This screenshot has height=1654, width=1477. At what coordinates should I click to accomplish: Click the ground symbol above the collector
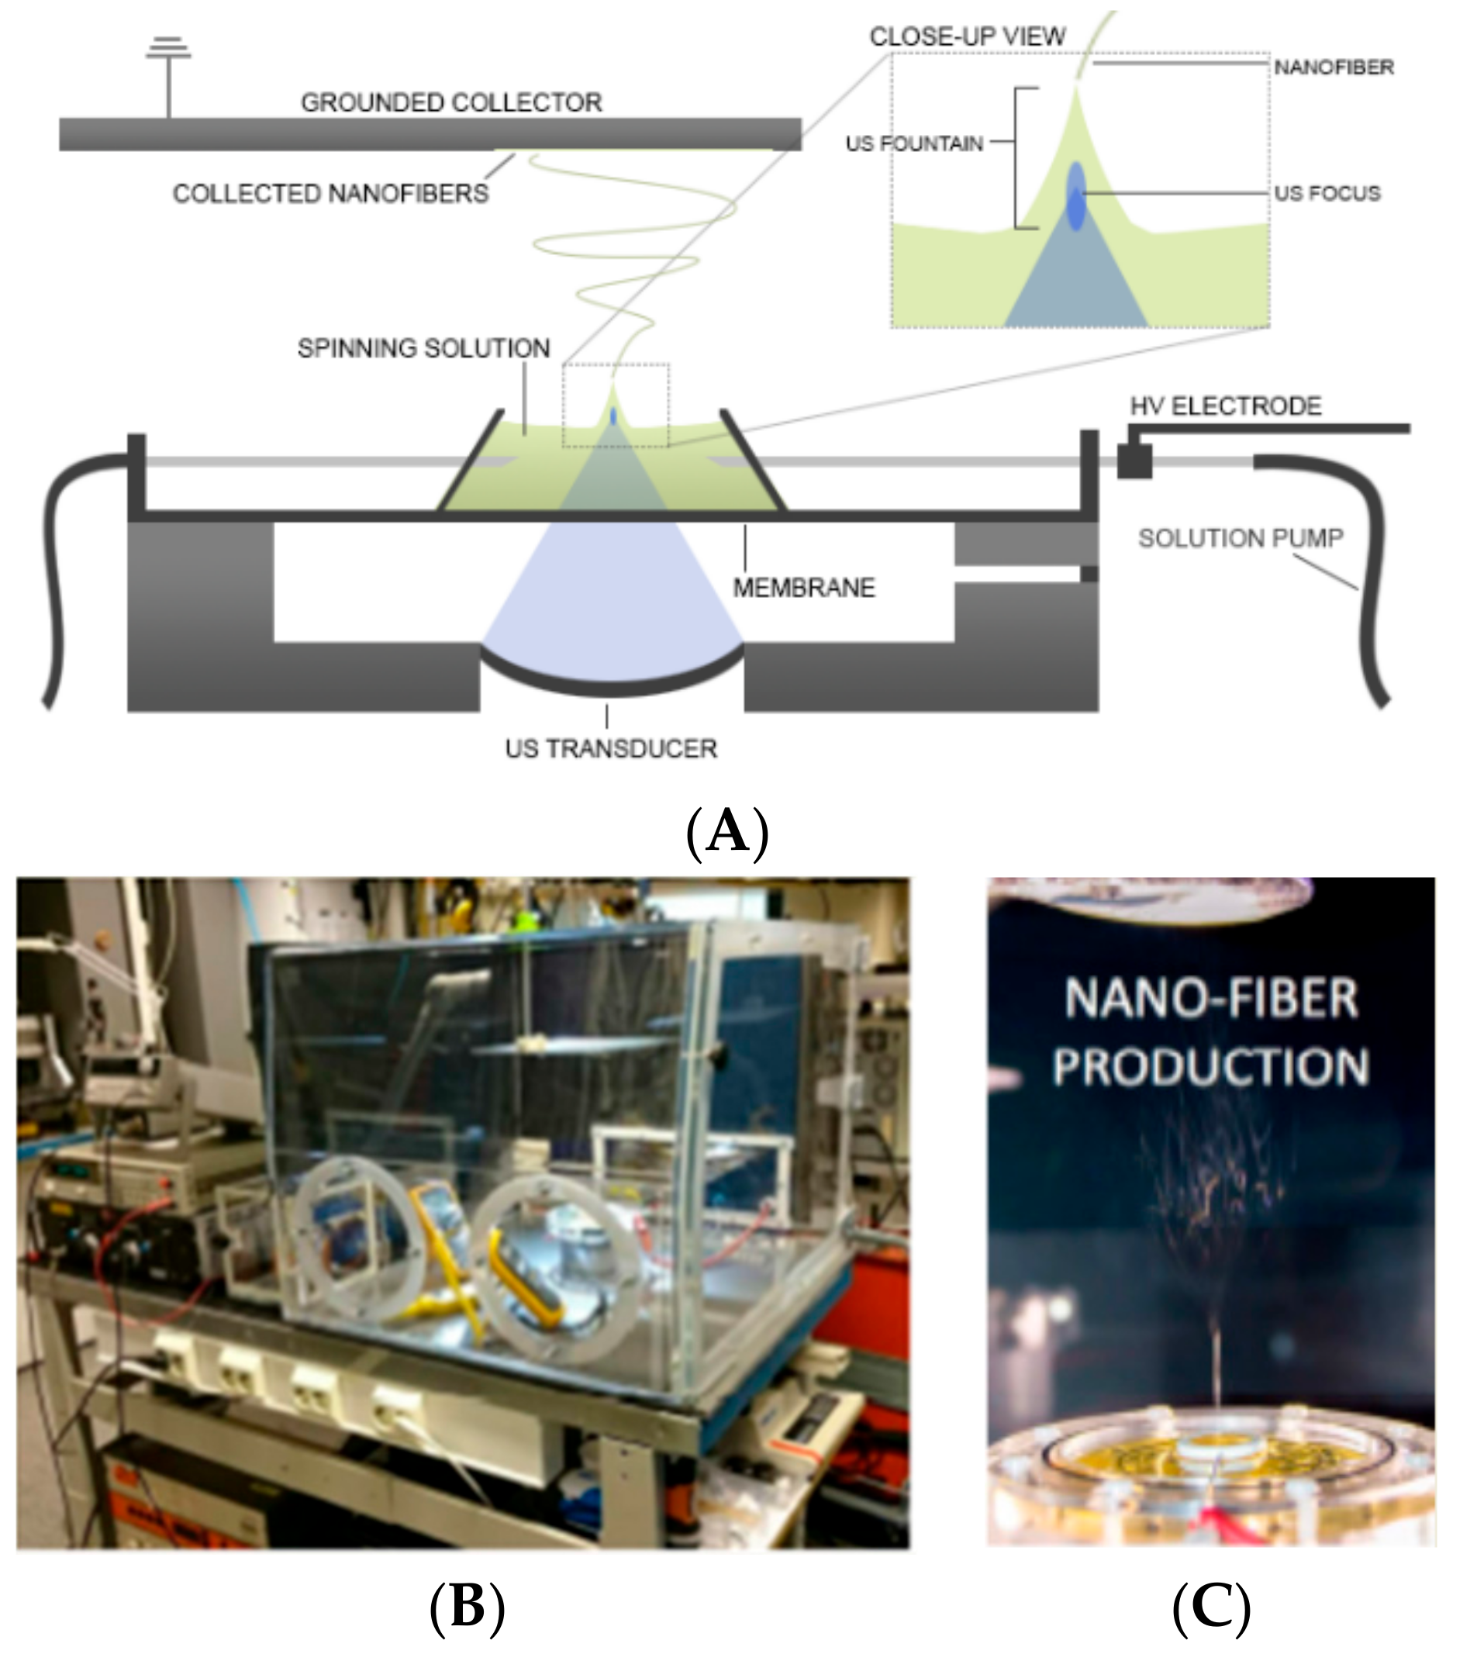click(168, 49)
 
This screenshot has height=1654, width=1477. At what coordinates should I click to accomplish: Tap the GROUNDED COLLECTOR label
click(451, 102)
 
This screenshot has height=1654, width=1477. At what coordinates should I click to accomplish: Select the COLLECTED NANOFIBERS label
click(330, 193)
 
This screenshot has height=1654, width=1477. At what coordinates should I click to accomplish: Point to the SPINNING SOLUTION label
click(423, 348)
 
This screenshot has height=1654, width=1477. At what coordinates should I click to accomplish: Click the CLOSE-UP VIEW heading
click(967, 36)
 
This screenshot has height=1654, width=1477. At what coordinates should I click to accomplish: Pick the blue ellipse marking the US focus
click(1075, 195)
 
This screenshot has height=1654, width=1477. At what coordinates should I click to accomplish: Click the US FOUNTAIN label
click(914, 143)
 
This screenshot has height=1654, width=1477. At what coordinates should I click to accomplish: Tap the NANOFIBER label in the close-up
click(1334, 67)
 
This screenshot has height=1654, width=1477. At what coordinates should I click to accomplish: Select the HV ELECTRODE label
click(1226, 406)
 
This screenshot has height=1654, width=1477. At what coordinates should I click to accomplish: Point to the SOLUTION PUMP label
click(1240, 538)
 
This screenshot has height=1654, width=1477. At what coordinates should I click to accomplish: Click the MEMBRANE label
click(803, 588)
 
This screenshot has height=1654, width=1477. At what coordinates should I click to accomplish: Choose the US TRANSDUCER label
click(610, 748)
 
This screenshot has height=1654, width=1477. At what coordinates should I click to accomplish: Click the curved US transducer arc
click(611, 685)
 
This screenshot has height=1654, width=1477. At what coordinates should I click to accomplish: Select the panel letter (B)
click(467, 1606)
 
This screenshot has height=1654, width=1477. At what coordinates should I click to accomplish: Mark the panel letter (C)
click(1211, 1606)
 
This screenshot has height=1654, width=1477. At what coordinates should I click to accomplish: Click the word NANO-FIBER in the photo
click(1210, 998)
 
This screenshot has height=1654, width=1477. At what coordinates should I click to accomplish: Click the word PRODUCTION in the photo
click(1210, 1066)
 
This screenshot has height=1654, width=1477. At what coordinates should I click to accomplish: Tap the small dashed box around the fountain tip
click(616, 405)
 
